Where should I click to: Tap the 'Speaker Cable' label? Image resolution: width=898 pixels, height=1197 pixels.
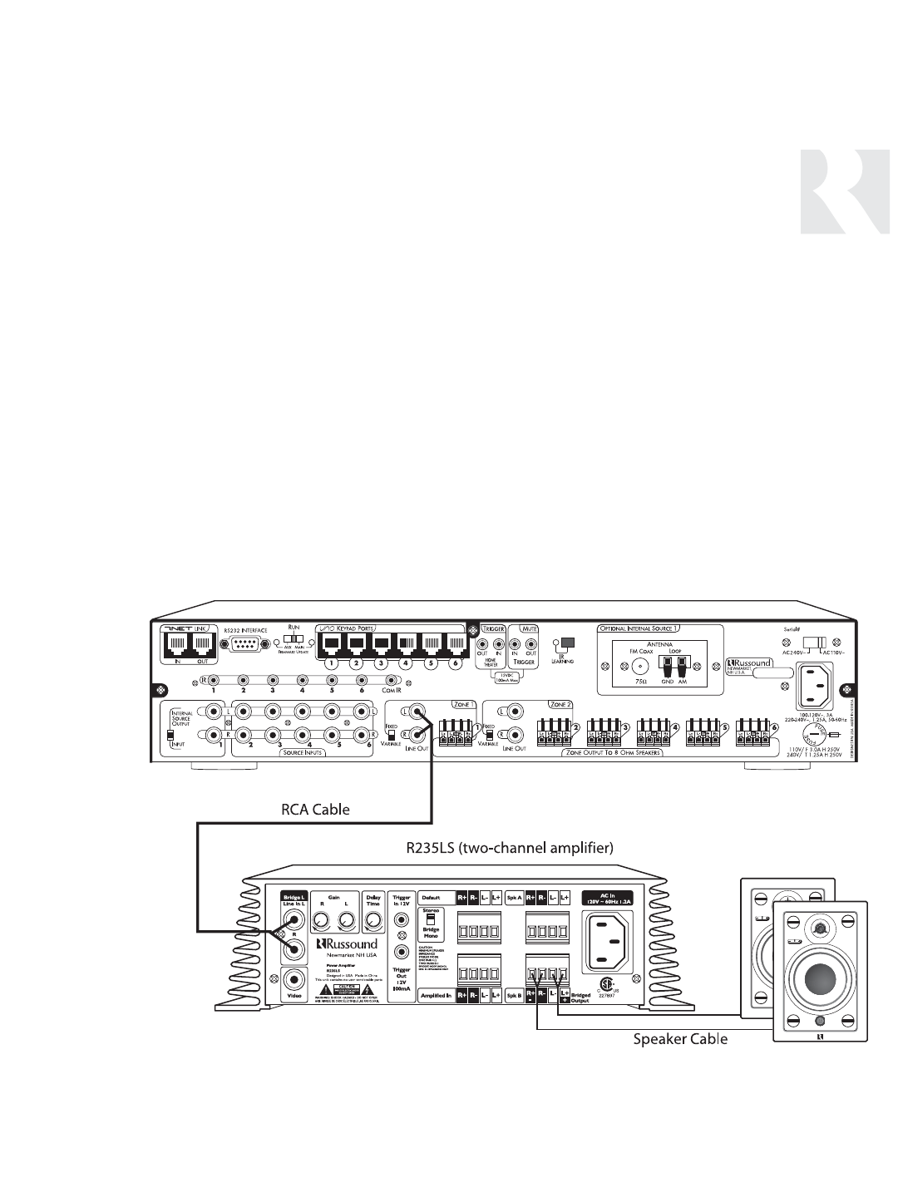click(x=681, y=1038)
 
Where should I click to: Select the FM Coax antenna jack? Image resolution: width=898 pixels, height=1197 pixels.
click(x=639, y=666)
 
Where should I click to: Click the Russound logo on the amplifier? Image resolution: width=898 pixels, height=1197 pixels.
click(x=347, y=944)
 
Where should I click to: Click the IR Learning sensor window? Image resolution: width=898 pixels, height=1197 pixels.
click(x=569, y=643)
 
